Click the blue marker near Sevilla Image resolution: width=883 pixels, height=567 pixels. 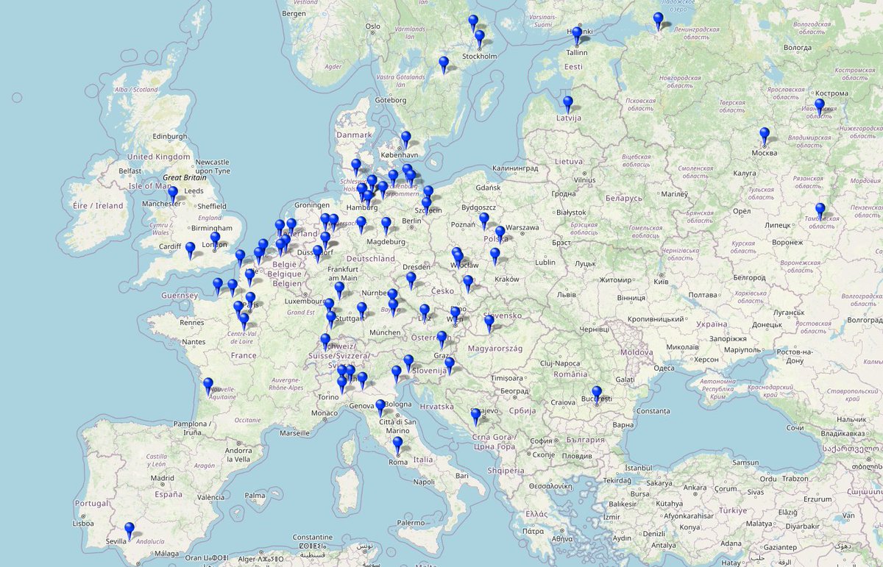(x=130, y=529)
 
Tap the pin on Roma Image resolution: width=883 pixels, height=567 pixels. (x=397, y=444)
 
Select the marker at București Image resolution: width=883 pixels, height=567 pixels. (x=597, y=393)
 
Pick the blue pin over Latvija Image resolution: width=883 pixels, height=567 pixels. (x=568, y=104)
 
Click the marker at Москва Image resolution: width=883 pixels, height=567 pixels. (x=765, y=135)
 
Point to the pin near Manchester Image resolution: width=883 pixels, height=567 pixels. (x=173, y=194)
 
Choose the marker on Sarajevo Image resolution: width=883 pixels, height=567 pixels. (x=476, y=416)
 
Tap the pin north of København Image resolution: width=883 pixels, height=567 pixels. (x=405, y=138)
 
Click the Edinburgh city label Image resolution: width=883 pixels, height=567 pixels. (x=170, y=136)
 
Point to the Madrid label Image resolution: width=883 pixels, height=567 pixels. (x=163, y=478)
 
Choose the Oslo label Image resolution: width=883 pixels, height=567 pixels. (x=373, y=26)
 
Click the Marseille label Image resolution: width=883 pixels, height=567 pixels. (x=294, y=433)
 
